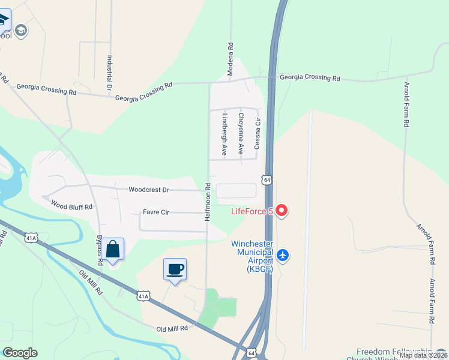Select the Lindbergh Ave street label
point(224,134)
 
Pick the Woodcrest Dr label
point(149,190)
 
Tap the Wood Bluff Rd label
point(71,206)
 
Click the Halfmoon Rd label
point(207,202)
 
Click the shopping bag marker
point(112,249)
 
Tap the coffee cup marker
point(175,269)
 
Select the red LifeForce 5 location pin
point(282,211)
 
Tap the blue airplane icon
point(283,256)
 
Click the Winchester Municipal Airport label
point(252,256)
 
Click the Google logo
point(20,353)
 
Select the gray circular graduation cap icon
point(22,30)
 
